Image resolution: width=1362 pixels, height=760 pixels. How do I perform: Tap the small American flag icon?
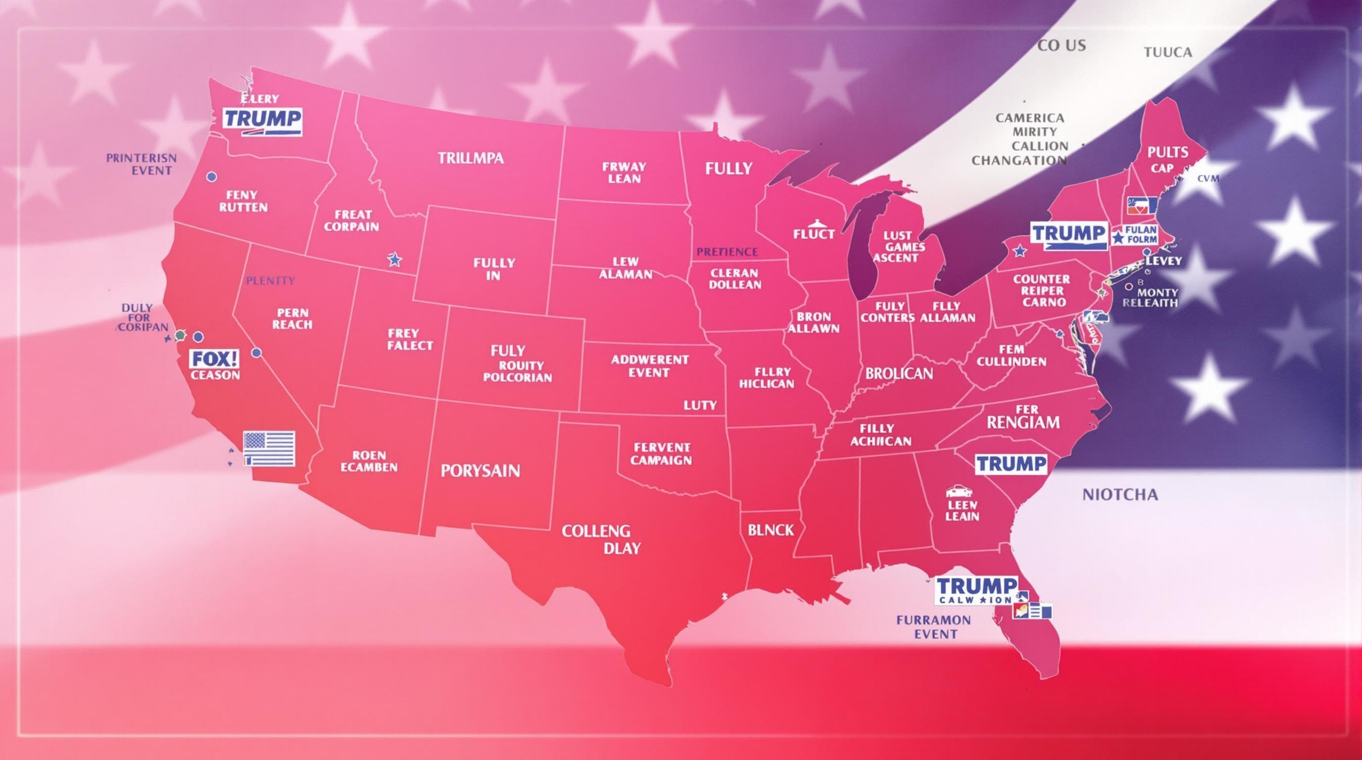click(269, 448)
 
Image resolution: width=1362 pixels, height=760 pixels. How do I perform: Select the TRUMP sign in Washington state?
click(262, 121)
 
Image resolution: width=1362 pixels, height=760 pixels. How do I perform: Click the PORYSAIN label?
click(480, 471)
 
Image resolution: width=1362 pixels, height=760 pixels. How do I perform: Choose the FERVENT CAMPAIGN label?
click(661, 453)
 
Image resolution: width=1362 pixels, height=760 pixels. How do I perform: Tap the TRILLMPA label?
click(471, 157)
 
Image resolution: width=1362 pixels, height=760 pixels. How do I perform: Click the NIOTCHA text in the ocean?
click(1120, 495)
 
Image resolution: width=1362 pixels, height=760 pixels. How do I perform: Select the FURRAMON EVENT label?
click(934, 627)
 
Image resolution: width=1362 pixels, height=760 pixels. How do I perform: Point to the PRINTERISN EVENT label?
click(142, 164)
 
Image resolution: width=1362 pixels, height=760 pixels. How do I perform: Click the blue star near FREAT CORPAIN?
click(394, 259)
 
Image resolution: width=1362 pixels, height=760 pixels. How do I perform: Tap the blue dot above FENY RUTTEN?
click(211, 177)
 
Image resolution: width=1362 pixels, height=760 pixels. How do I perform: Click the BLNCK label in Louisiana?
click(771, 530)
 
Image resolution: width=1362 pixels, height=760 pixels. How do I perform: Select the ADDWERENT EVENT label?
click(650, 366)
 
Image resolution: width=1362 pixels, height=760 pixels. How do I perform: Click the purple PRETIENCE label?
click(727, 251)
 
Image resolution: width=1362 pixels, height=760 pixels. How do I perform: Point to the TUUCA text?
click(1167, 52)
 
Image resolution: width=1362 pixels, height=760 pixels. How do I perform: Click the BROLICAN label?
click(899, 374)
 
